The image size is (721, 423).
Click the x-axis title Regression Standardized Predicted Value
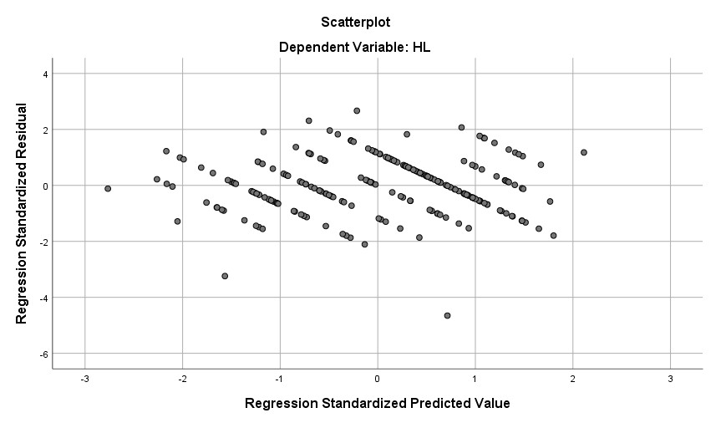pos(377,404)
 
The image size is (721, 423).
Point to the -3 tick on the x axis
pos(84,379)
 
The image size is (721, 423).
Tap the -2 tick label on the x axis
pos(182,379)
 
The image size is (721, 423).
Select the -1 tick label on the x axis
pos(279,379)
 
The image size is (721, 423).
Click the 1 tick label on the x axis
pos(475,379)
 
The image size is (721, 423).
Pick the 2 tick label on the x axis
pos(572,379)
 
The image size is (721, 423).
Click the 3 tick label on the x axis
pos(670,379)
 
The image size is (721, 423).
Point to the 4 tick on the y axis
pos(45,74)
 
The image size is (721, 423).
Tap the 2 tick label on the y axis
pos(45,130)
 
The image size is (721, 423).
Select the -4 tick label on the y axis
pos(43,298)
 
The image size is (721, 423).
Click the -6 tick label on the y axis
pos(43,354)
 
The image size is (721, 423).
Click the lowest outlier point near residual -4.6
pos(447,315)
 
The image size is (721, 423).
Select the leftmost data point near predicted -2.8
pos(108,189)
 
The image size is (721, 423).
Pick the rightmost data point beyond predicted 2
pos(584,152)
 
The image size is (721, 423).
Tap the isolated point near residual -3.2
pos(225,276)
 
